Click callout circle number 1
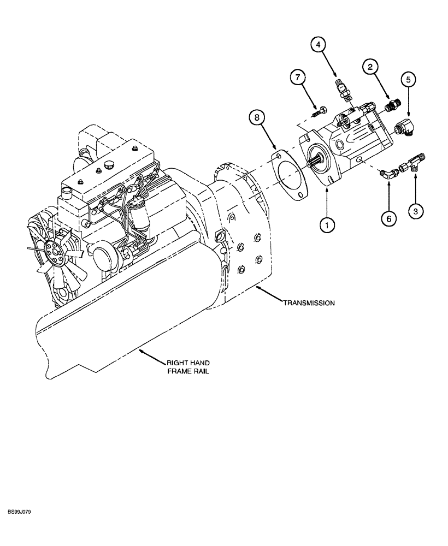[x=327, y=223]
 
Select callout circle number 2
[x=370, y=68]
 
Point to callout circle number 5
[x=408, y=80]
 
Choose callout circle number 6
[x=388, y=218]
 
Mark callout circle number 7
[x=298, y=78]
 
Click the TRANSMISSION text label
[x=308, y=302]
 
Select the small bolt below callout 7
[x=320, y=112]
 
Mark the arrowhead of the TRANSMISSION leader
[x=257, y=287]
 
